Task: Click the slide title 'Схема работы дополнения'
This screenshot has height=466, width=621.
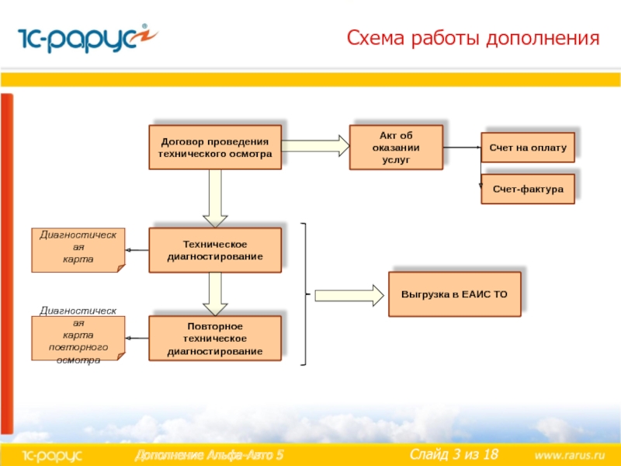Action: pyautogui.click(x=474, y=38)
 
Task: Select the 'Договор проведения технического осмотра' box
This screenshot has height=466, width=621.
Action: pyautogui.click(x=215, y=148)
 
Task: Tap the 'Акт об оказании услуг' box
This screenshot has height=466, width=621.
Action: pyautogui.click(x=396, y=147)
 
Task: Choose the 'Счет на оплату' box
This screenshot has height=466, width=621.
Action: pyautogui.click(x=528, y=147)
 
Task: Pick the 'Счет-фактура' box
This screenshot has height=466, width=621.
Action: pyautogui.click(x=528, y=189)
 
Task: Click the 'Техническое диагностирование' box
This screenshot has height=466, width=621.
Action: pyautogui.click(x=215, y=250)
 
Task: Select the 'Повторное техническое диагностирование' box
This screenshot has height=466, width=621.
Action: pyautogui.click(x=215, y=339)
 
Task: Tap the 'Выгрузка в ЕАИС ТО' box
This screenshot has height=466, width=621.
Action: pyautogui.click(x=454, y=295)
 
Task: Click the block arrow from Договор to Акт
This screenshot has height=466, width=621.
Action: pyautogui.click(x=315, y=145)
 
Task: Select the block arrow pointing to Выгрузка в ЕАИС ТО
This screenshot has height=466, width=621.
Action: pyautogui.click(x=349, y=295)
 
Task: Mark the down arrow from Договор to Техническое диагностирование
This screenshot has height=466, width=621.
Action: pyautogui.click(x=215, y=198)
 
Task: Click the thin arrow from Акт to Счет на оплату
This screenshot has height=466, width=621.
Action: pyautogui.click(x=462, y=147)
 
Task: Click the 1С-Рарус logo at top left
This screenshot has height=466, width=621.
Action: pyautogui.click(x=78, y=38)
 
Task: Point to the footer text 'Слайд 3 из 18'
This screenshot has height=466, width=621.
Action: pyautogui.click(x=453, y=454)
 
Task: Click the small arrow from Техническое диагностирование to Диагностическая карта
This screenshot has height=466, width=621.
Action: pyautogui.click(x=137, y=250)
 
